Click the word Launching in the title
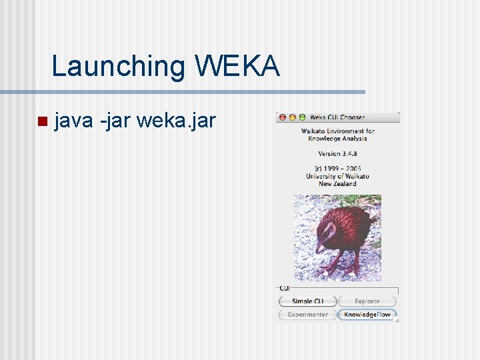tap(119, 67)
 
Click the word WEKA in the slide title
tap(237, 67)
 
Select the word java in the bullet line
tap(73, 121)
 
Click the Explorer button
tap(367, 301)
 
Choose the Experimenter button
tap(307, 314)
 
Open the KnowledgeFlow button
tap(367, 314)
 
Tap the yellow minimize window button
tap(292, 117)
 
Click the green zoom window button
tap(301, 117)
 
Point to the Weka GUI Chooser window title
tap(337, 117)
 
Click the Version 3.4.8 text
tap(337, 153)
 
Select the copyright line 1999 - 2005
tap(337, 168)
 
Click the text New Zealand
tap(337, 183)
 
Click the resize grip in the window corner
tap(396, 320)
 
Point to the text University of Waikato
tap(337, 176)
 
